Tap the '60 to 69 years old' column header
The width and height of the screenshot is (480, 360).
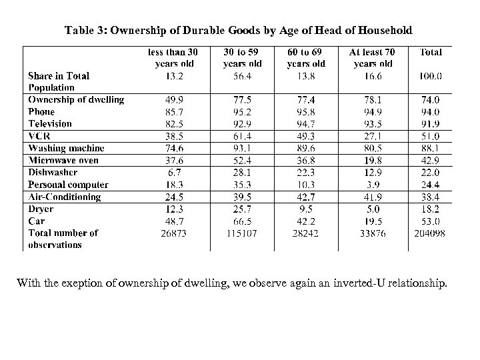[306, 57]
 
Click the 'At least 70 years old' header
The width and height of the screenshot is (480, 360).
[373, 57]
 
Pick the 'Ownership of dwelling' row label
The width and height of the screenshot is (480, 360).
[76, 99]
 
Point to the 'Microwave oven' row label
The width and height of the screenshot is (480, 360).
[63, 160]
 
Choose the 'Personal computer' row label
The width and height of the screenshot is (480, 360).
[68, 185]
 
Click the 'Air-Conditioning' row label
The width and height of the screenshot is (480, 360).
[64, 197]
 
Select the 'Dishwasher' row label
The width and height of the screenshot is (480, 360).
[53, 172]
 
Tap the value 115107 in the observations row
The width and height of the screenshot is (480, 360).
[242, 233]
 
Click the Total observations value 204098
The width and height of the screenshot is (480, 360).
[431, 233]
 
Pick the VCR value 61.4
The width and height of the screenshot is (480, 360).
[242, 136]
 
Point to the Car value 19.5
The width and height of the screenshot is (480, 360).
[373, 221]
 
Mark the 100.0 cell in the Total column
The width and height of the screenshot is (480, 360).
[431, 76]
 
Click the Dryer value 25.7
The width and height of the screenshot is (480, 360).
[242, 209]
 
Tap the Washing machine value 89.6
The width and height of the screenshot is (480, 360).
[306, 148]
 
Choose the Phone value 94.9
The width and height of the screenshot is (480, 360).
[373, 111]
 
